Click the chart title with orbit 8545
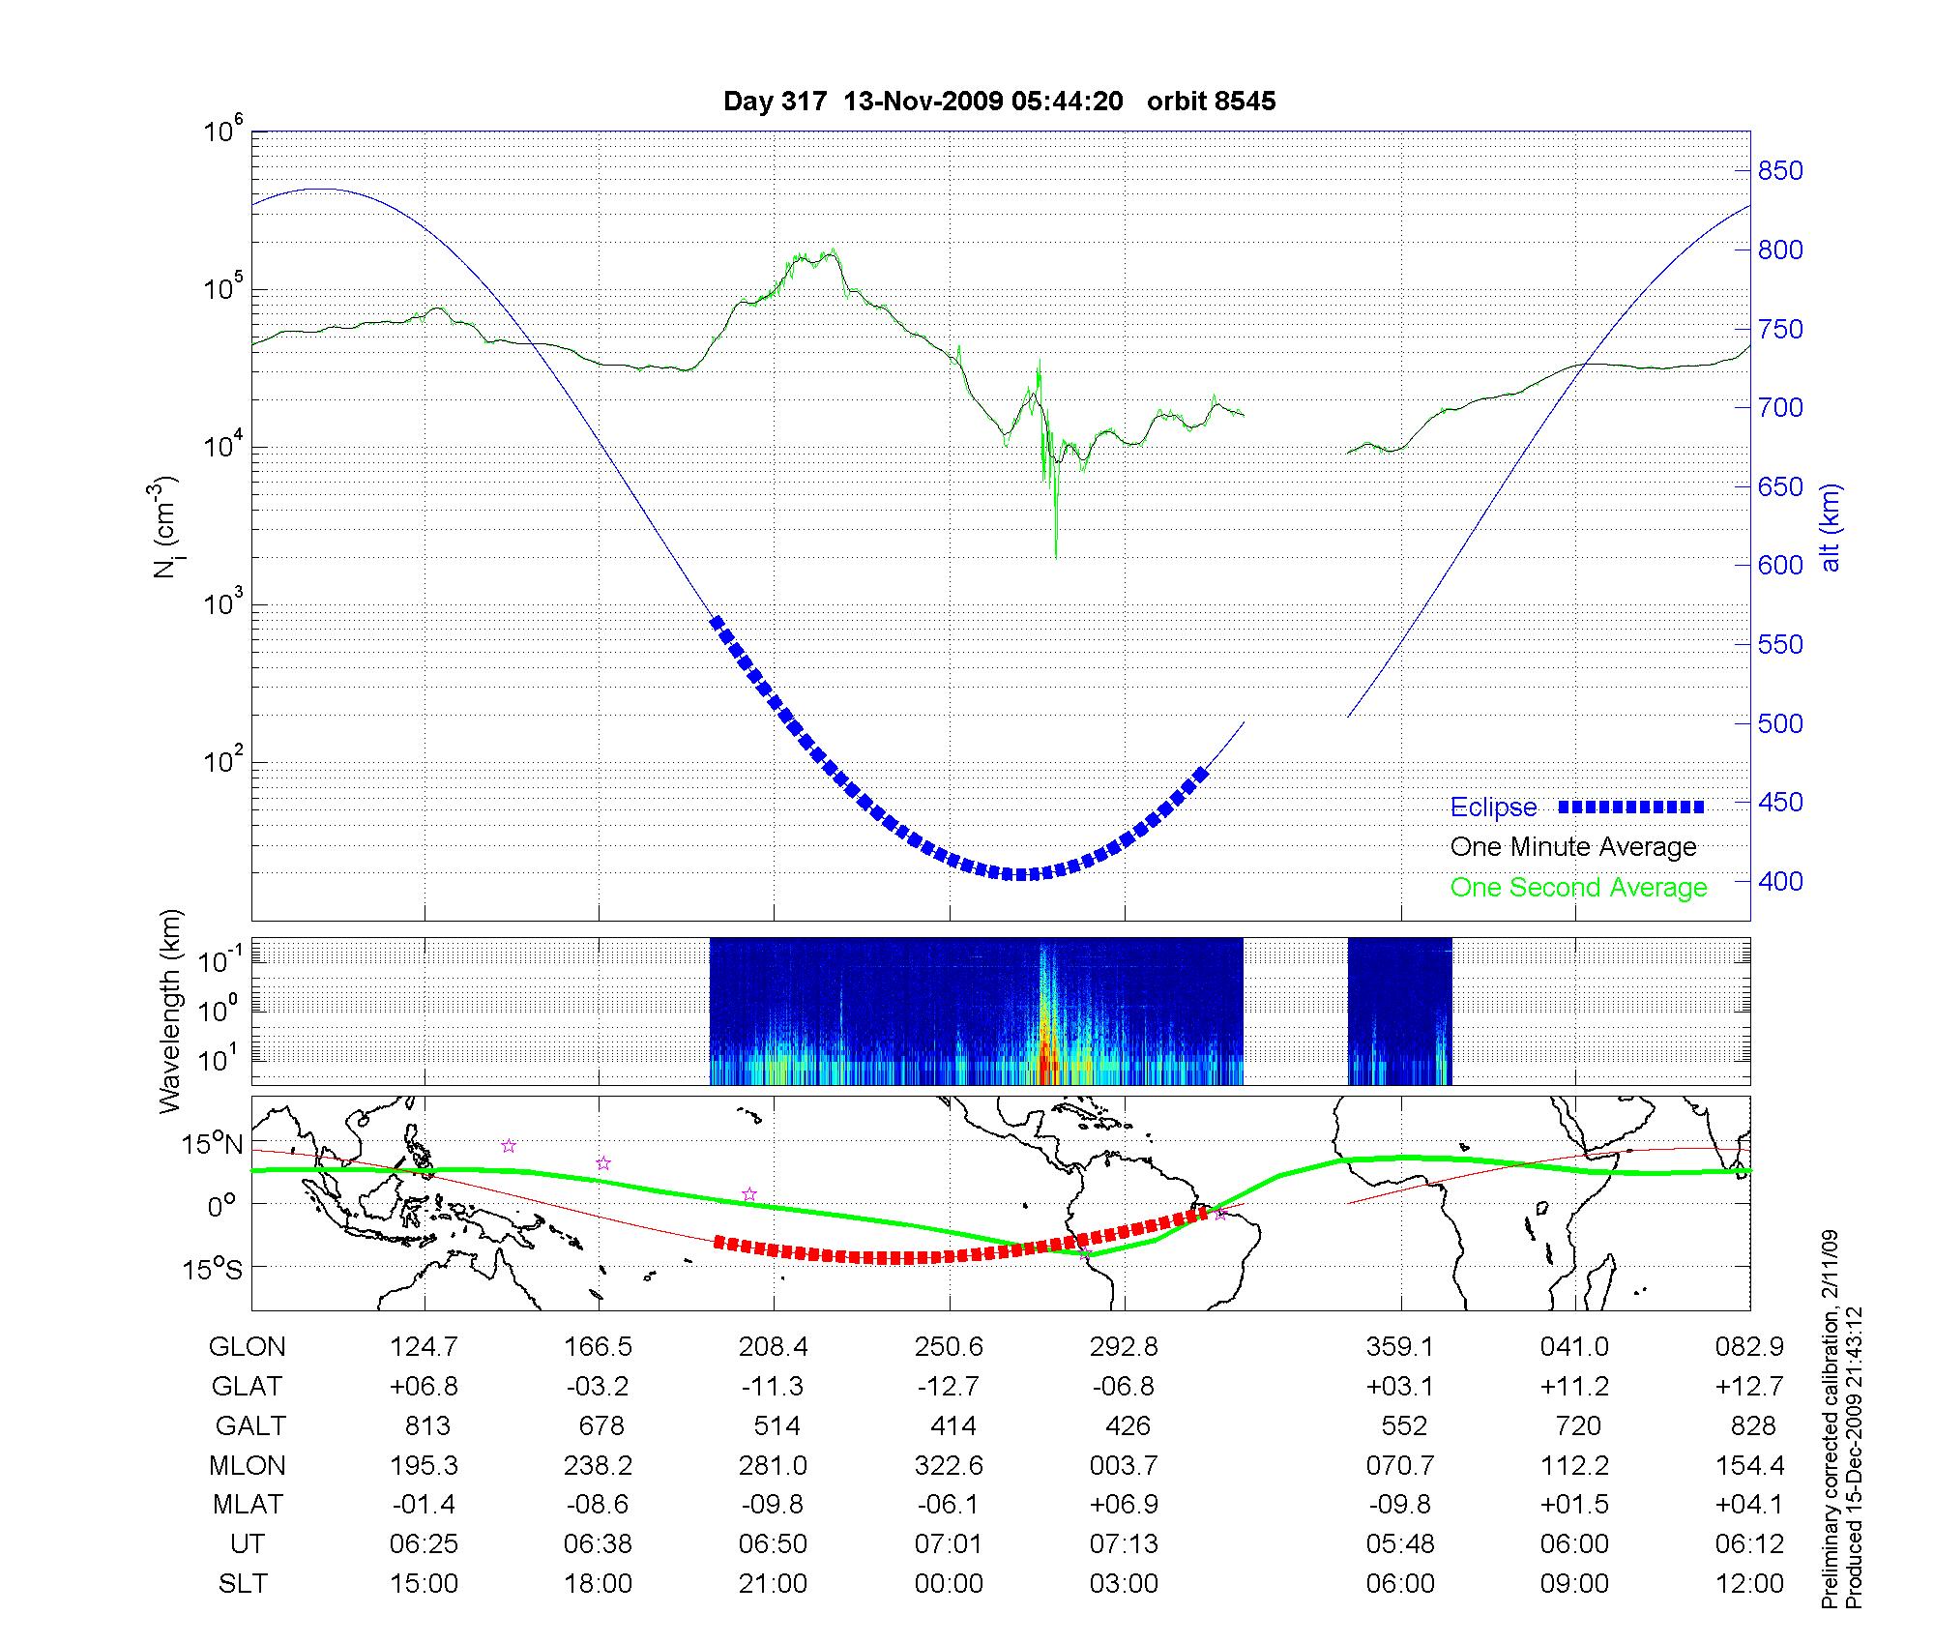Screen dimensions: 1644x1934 (999, 102)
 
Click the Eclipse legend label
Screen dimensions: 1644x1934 (1493, 807)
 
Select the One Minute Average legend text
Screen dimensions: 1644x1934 (1573, 847)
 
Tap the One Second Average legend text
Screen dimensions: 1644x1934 (1578, 888)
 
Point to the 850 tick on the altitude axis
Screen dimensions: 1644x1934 (1780, 171)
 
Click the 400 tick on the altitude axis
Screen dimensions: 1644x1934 (1780, 881)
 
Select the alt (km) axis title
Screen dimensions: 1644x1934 (1831, 527)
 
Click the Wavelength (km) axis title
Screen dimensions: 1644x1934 (170, 1012)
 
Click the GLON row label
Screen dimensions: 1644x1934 (247, 1347)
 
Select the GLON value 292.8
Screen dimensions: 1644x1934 (1124, 1347)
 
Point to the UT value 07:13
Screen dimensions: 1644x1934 (1124, 1544)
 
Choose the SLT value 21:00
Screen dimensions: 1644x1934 (773, 1584)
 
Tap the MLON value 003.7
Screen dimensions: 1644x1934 (1124, 1466)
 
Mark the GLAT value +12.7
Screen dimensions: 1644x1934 (1749, 1387)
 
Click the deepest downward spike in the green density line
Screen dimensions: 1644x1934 (1055, 555)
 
